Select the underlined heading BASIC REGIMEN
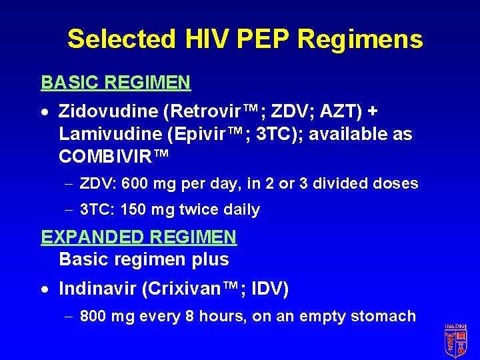coord(116,83)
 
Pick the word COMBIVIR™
coord(113,157)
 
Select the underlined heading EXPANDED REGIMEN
coord(139,237)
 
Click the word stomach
coord(387,317)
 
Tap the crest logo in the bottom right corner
coord(455,341)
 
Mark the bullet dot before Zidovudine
coord(45,111)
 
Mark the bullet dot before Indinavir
coord(45,290)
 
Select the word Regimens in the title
coord(360,39)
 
